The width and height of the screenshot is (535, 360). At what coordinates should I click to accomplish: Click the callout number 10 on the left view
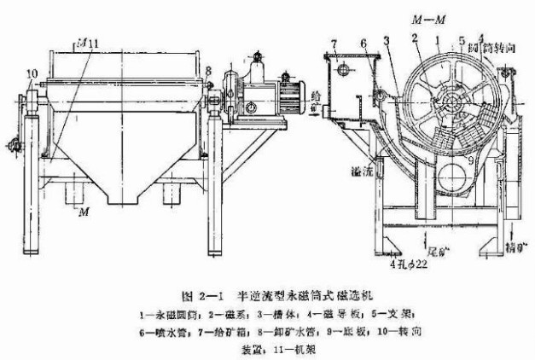click(32, 75)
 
